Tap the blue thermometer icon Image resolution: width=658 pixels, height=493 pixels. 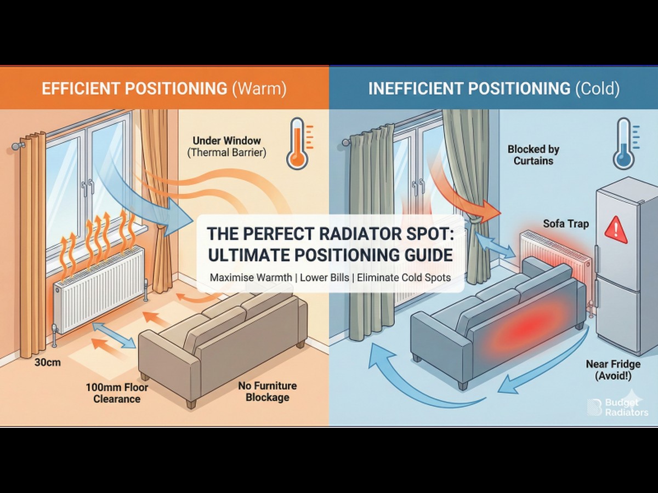624,144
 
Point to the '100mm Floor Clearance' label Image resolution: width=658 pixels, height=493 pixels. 116,393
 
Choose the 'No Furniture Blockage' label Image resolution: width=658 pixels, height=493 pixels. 267,391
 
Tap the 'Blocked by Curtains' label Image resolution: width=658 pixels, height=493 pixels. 533,154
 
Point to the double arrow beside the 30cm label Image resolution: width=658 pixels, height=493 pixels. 114,335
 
